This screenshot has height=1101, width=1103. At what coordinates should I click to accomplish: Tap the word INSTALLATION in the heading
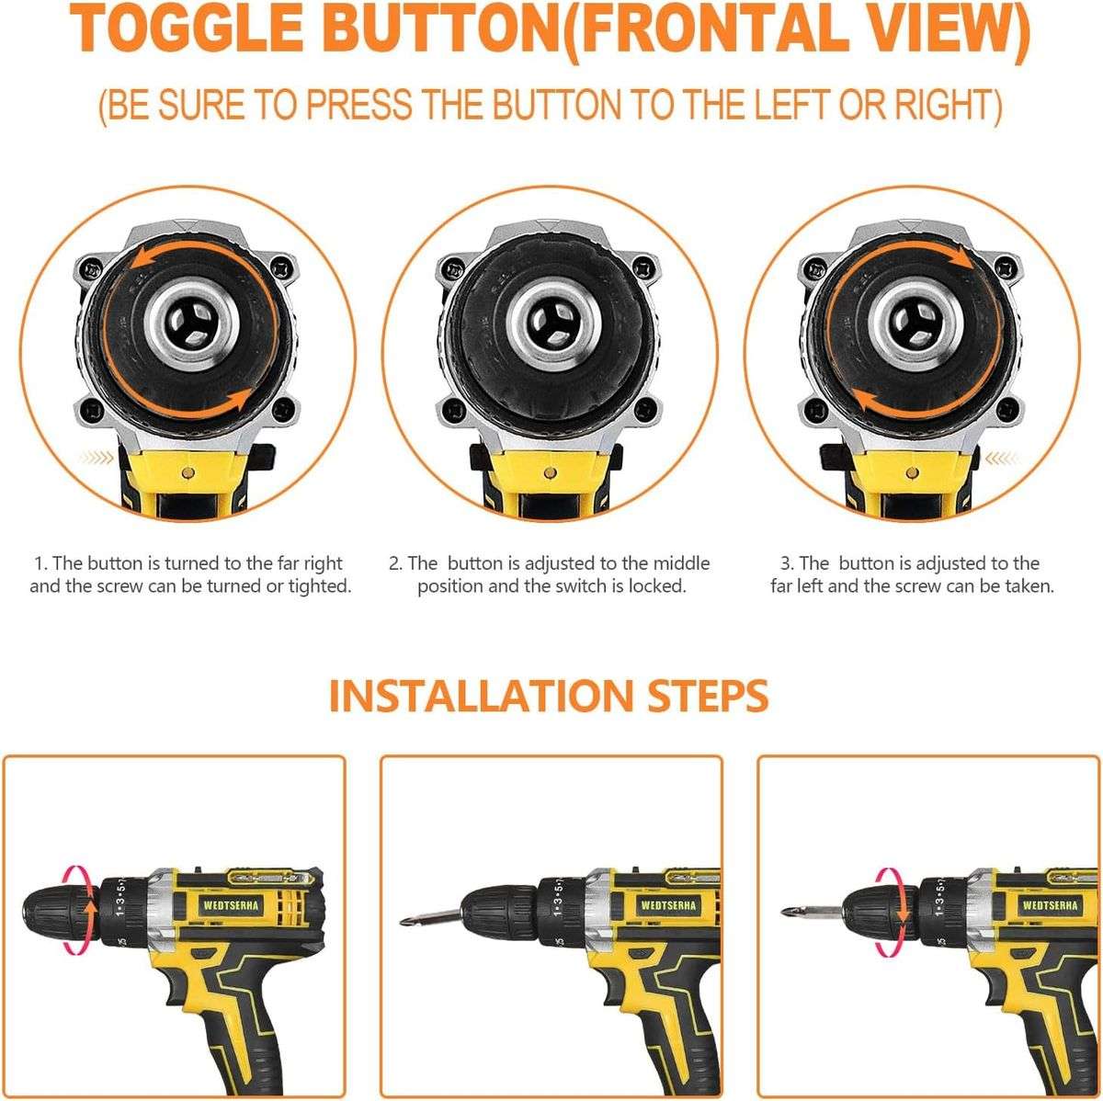point(495,696)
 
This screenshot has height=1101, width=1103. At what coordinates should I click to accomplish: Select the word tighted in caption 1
point(318,586)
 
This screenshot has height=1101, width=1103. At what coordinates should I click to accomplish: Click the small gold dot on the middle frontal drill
point(549,474)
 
